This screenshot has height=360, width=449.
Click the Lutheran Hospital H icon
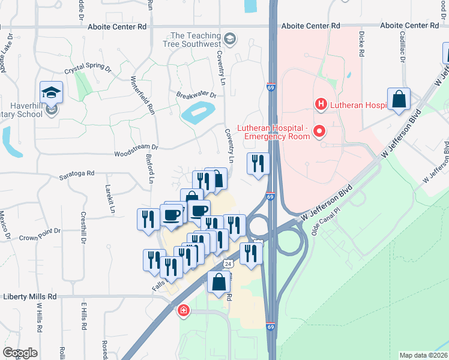321,104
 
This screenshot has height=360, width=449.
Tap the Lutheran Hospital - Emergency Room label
273,132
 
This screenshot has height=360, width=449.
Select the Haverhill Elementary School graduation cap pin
51,94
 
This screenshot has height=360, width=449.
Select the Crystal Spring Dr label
88,69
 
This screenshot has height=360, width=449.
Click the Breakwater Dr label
196,95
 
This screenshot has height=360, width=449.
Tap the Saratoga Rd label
77,173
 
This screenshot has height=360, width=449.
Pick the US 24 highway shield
228,263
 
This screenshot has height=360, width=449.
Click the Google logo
20,353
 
